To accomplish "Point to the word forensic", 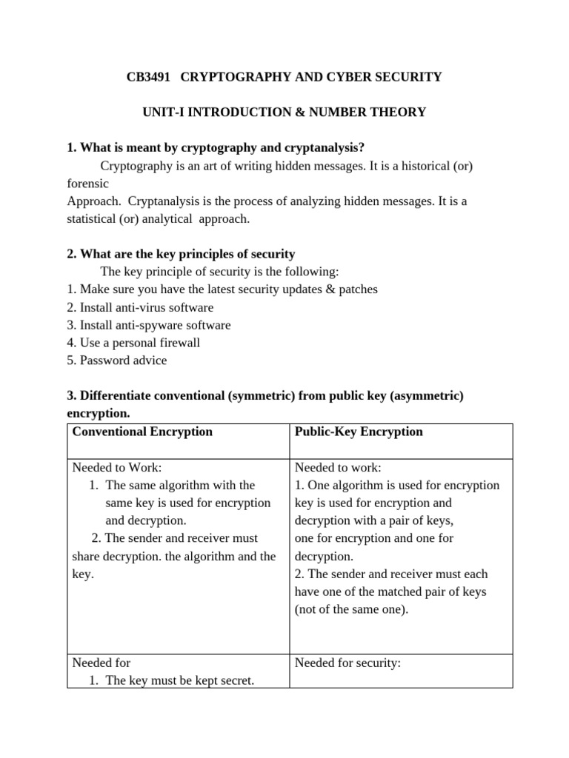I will (x=87, y=183).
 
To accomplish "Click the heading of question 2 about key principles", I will (x=181, y=254).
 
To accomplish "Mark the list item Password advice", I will (x=117, y=360).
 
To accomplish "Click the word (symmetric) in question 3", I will (x=260, y=396).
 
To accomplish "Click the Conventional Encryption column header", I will (x=142, y=432).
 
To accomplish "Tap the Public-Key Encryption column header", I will (x=359, y=432).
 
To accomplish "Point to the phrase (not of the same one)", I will (x=351, y=609).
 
